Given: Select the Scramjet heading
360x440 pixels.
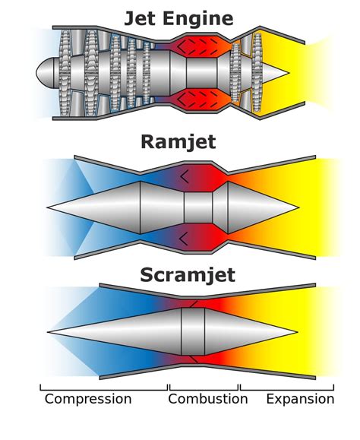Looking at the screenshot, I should tap(187, 275).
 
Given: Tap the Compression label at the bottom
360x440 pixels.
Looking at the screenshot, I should tap(87, 399).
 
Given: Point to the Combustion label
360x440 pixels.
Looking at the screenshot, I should tap(207, 399).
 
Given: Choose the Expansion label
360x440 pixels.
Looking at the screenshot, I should tap(300, 399).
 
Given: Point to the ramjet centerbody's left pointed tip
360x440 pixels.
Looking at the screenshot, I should tap(50, 207).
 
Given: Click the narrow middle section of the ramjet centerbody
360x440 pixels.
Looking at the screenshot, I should tap(199, 207).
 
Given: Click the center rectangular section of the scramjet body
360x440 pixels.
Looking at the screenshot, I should tap(193, 331).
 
